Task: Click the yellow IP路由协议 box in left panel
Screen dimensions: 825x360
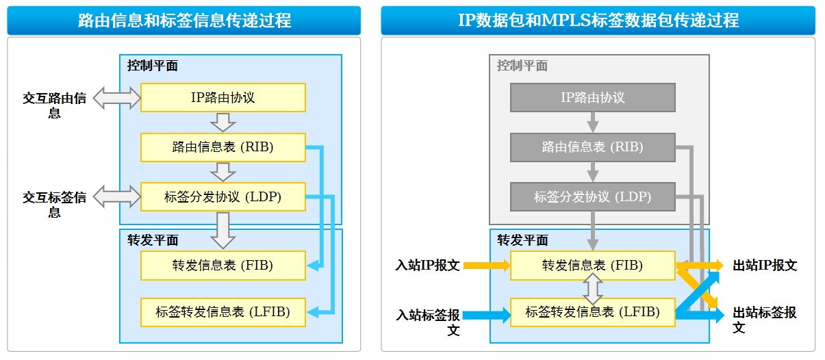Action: point(223,98)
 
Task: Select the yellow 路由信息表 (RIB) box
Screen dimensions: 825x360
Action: point(223,147)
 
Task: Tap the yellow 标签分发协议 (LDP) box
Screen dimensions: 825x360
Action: point(223,197)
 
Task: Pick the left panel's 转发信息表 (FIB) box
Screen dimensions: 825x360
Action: point(223,266)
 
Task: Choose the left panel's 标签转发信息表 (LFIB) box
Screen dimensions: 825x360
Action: point(223,312)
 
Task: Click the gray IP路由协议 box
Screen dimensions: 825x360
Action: point(593,98)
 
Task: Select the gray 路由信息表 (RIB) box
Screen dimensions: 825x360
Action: point(593,147)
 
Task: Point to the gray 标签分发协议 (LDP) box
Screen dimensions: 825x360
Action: point(593,197)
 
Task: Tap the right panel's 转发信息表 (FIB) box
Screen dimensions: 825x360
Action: point(593,266)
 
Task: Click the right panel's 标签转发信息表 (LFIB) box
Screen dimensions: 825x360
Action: point(593,312)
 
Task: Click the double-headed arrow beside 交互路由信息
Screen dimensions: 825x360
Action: point(117,98)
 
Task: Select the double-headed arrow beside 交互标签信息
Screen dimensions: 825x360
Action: point(117,196)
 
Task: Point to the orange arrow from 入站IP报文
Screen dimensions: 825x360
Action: point(487,266)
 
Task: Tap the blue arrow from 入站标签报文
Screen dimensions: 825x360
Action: point(487,315)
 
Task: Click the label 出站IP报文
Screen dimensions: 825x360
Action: point(765,266)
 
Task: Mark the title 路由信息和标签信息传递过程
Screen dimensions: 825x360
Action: point(184,21)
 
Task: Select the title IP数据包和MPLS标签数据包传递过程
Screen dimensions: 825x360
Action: point(598,21)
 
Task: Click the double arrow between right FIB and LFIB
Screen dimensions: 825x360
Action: point(593,289)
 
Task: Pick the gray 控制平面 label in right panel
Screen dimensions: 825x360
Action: point(522,66)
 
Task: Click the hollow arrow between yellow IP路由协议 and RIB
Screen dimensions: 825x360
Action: point(223,123)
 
